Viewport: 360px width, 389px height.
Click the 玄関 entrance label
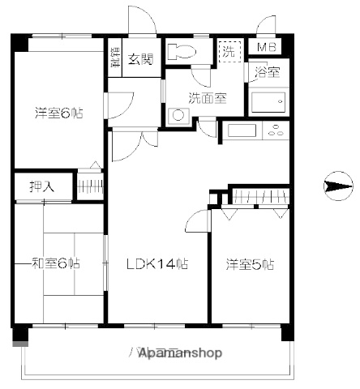[x=140, y=58]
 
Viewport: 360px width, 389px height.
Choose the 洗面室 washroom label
[x=207, y=98]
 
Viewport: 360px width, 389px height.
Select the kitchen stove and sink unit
[x=255, y=130]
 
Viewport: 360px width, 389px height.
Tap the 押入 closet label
[x=41, y=186]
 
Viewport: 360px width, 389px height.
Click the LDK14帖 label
[x=156, y=263]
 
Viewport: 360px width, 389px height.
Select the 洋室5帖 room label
[x=249, y=263]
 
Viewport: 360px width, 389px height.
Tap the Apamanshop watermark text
[x=180, y=353]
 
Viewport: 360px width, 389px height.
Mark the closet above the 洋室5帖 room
[x=259, y=195]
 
